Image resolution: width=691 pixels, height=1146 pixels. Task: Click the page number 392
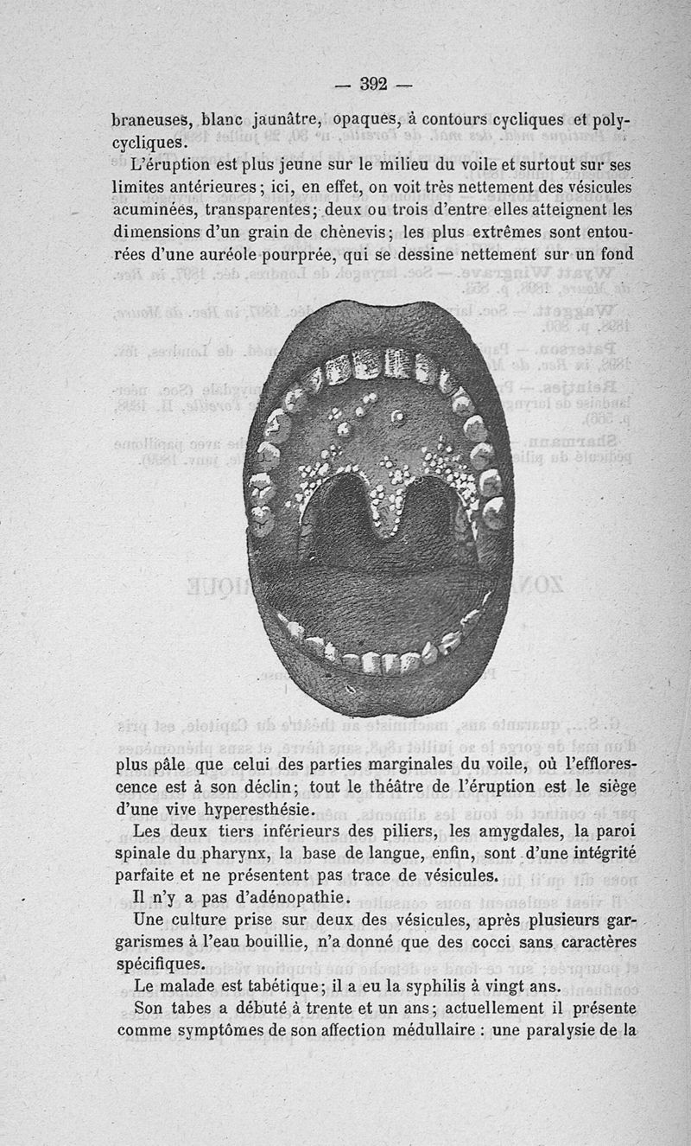pos(373,84)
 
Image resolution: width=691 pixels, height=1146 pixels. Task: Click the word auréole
pos(254,255)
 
